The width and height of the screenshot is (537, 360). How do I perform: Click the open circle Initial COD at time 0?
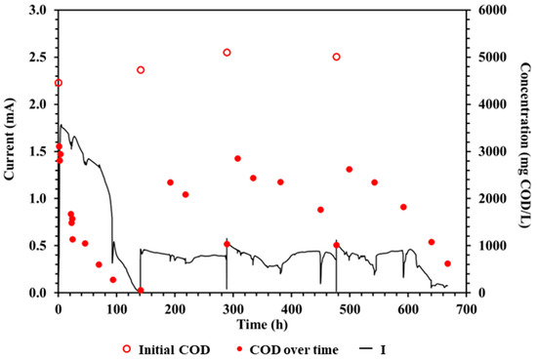coord(59,83)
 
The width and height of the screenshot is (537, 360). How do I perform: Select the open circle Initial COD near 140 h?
coord(141,70)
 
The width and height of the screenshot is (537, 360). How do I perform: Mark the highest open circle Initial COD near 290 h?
coord(227,53)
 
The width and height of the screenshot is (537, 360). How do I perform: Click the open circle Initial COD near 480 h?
coord(337,57)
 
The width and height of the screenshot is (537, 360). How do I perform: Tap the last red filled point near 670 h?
coord(447,263)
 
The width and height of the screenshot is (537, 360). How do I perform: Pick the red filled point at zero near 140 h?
coord(141,290)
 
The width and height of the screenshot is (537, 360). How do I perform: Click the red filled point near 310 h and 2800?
coord(237,158)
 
